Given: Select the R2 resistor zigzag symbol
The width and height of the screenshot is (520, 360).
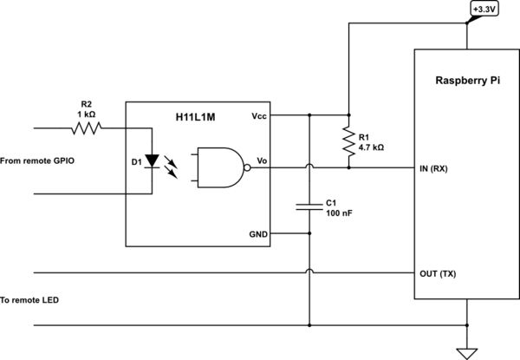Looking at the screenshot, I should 87,128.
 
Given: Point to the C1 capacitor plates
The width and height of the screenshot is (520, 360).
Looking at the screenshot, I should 309,207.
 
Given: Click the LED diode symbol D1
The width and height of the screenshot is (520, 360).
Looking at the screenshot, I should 153,161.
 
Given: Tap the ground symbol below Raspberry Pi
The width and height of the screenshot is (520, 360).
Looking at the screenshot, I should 467,350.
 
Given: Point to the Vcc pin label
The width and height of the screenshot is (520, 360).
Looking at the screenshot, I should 259,115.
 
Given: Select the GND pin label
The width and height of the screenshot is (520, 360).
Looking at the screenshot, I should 258,234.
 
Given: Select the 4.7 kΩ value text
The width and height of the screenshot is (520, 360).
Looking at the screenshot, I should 370,148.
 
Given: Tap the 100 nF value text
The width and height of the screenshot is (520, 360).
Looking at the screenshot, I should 338,213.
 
